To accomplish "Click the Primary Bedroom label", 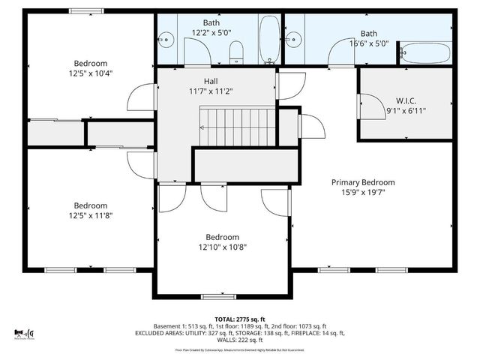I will pos(364,182).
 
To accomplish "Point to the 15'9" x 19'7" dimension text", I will pos(364,193).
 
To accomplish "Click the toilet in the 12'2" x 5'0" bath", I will pos(236,51).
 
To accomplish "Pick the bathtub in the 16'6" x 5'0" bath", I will pos(424,53).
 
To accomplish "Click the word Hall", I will pos(211,80).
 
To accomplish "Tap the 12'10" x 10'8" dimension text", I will pos(223,247).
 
